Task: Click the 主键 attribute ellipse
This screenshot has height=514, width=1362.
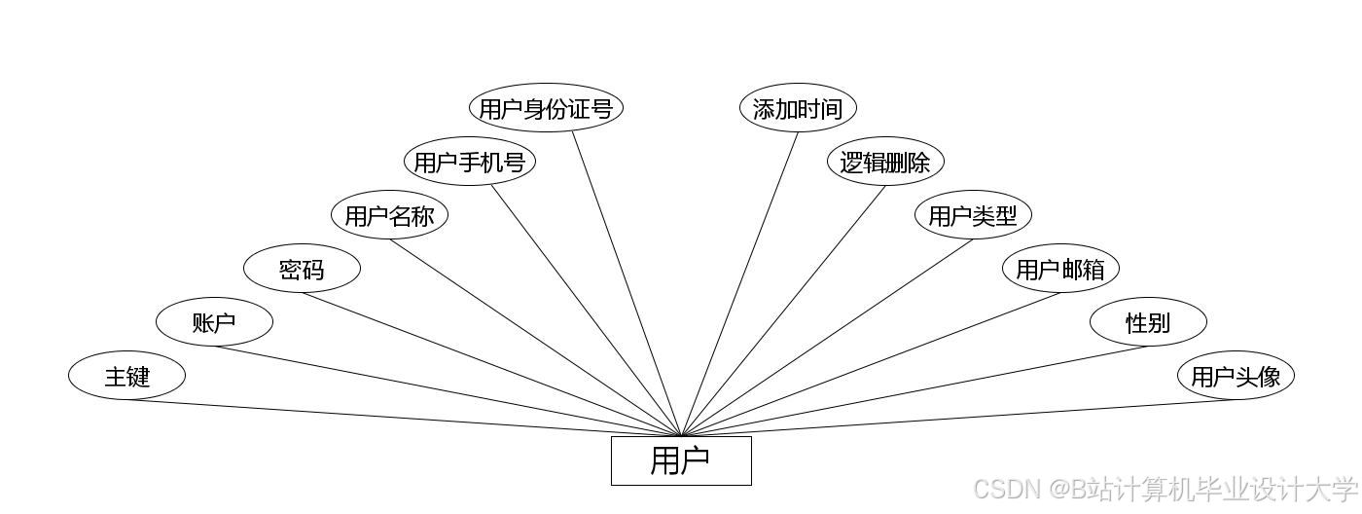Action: pyautogui.click(x=126, y=375)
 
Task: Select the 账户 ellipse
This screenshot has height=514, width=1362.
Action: pyautogui.click(x=214, y=322)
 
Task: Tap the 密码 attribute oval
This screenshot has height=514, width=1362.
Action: pyautogui.click(x=302, y=269)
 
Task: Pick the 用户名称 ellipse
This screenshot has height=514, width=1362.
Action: pyautogui.click(x=389, y=215)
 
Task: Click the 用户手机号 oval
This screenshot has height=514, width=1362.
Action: pyautogui.click(x=470, y=162)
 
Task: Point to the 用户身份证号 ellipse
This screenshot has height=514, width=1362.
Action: pyautogui.click(x=546, y=108)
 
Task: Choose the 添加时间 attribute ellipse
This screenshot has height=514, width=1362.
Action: pyautogui.click(x=798, y=108)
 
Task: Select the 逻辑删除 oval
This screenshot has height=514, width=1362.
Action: pyautogui.click(x=885, y=162)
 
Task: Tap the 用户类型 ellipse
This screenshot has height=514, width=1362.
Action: pyautogui.click(x=973, y=215)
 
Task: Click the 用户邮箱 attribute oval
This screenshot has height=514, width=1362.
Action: pyautogui.click(x=1060, y=269)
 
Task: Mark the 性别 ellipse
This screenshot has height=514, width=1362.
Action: pyautogui.click(x=1148, y=322)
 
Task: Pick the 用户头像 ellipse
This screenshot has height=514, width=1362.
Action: pyautogui.click(x=1236, y=375)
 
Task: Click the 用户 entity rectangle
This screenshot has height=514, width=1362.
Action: pyautogui.click(x=681, y=460)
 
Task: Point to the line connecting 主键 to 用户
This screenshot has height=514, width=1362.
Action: pyautogui.click(x=404, y=418)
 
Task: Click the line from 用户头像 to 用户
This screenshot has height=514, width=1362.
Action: pyautogui.click(x=958, y=418)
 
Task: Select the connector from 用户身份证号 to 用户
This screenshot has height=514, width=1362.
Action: pyautogui.click(x=627, y=283)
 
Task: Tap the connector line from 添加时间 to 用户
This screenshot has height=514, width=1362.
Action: pyautogui.click(x=739, y=283)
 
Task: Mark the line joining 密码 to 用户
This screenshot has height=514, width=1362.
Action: pyautogui.click(x=491, y=364)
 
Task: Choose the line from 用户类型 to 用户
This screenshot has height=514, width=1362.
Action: pyautogui.click(x=827, y=337)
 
